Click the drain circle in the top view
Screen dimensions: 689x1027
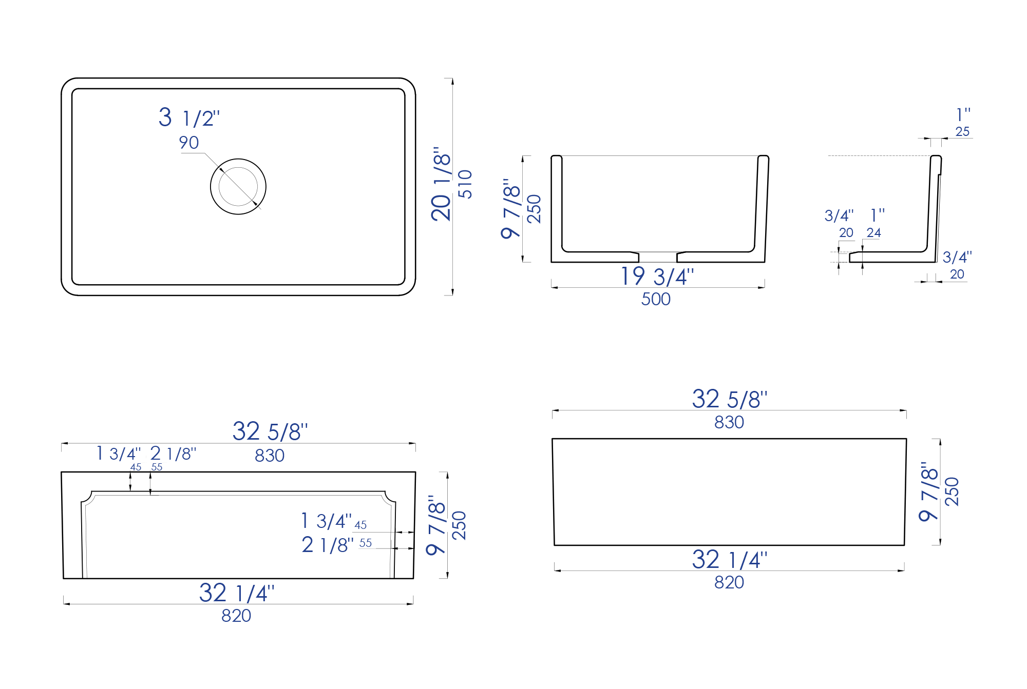pos(238,186)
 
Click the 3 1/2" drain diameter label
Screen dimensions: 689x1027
pos(189,118)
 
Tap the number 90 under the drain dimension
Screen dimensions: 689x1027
pos(189,143)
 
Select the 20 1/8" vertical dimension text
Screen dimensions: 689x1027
pos(441,184)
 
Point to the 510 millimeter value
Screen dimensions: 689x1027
pos(465,184)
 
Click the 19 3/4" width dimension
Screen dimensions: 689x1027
pos(657,277)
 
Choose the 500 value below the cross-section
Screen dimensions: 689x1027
pos(656,299)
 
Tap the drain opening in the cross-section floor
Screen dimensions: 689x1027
pos(658,257)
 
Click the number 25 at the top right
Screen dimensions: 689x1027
pos(962,132)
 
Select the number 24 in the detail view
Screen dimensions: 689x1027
pos(873,233)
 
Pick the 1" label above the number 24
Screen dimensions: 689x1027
pos(878,215)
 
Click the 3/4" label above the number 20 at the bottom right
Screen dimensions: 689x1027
pos(957,257)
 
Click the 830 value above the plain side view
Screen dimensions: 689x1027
pos(729,422)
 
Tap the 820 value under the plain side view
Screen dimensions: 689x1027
pos(729,582)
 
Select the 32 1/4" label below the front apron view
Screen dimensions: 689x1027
pos(237,594)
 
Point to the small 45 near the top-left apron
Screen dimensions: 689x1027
pos(136,467)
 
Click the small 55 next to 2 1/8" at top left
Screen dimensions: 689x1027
pos(157,467)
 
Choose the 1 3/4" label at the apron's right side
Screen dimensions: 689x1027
pos(327,521)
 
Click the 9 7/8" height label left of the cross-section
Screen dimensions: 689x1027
pos(511,209)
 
